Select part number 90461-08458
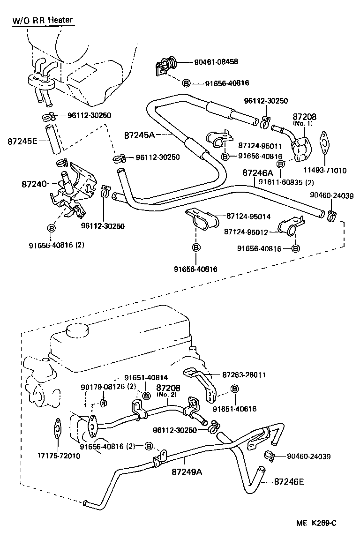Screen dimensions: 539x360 [x=216, y=61]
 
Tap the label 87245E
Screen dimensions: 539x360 [x=22, y=140]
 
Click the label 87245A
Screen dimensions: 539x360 [x=139, y=135]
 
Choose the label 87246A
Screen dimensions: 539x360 [x=257, y=173]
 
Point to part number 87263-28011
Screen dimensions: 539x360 [x=244, y=375]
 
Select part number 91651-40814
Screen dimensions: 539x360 [x=146, y=377]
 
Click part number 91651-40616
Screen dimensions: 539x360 [x=235, y=409]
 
